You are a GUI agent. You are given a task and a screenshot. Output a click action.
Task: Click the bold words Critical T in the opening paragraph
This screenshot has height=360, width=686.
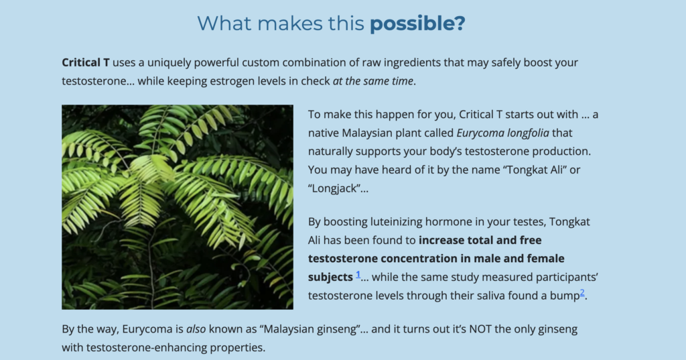[x=85, y=62]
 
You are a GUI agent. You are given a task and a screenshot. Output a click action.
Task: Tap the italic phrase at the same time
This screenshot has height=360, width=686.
[x=372, y=81]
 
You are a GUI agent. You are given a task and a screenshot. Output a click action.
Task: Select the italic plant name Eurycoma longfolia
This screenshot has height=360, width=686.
[x=502, y=133]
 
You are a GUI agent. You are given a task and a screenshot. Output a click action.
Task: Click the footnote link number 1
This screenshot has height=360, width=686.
[x=358, y=275]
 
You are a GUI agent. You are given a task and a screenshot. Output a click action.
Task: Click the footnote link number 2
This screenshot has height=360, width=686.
[x=582, y=293]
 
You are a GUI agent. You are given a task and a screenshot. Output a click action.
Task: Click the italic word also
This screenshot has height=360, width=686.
[x=196, y=329]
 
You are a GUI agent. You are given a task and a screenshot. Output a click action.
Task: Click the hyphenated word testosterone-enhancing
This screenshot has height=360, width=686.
[x=147, y=348]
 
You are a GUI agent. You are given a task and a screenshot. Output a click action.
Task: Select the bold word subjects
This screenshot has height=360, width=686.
[x=330, y=278]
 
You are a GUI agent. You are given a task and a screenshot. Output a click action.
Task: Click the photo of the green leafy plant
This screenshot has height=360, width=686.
[x=178, y=207]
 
